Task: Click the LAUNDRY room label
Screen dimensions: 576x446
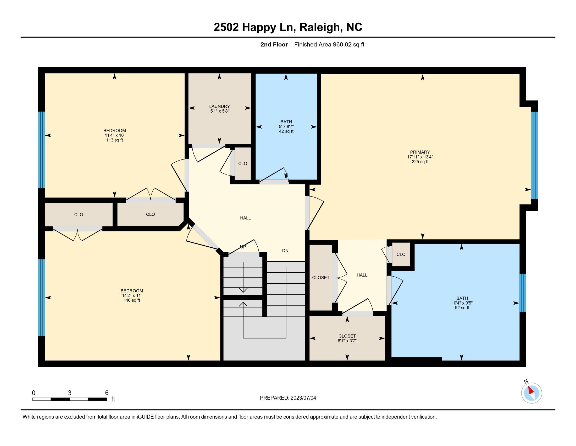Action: (x=219, y=107)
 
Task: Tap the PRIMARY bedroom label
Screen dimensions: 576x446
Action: (x=420, y=152)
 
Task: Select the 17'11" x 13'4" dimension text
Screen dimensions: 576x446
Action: (x=420, y=157)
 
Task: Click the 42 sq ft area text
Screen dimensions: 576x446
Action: (x=286, y=131)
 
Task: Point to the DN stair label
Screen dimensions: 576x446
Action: (x=285, y=251)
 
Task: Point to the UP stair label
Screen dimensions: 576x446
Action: (x=243, y=247)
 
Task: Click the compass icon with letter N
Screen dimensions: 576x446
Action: (x=531, y=393)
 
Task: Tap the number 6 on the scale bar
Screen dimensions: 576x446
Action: (x=107, y=393)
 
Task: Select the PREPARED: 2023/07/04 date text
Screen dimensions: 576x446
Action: (x=288, y=398)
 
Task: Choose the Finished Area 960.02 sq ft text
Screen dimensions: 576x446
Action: (x=329, y=45)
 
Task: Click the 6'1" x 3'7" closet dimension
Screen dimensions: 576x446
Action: (x=347, y=341)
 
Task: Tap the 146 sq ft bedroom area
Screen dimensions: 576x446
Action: (x=132, y=300)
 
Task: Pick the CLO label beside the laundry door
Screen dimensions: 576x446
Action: (x=243, y=163)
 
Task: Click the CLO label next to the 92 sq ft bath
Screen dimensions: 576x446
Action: (x=401, y=254)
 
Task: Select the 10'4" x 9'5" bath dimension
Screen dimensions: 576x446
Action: (x=462, y=303)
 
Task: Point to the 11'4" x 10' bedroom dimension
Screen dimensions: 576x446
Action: (x=114, y=135)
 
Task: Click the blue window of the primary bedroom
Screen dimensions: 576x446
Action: (x=534, y=155)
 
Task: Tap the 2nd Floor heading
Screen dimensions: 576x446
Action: (x=274, y=45)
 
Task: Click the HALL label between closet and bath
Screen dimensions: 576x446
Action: (x=362, y=275)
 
